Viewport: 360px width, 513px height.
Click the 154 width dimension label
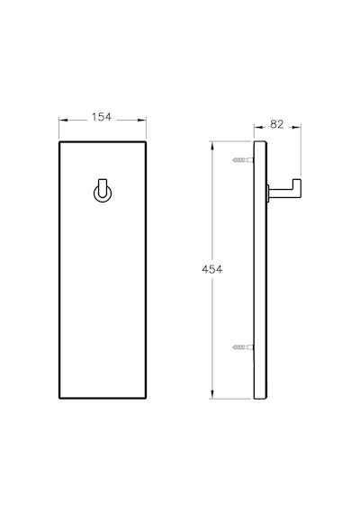[x=102, y=117]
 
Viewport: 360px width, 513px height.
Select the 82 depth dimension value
[x=277, y=124]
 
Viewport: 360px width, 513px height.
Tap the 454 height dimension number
[x=212, y=270]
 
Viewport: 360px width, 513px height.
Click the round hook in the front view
[x=103, y=193]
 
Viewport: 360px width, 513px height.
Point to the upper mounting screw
[x=243, y=160]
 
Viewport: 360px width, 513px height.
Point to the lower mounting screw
[x=243, y=346]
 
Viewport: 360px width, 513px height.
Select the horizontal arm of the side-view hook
[x=281, y=192]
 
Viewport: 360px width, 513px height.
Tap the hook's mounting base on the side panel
[x=268, y=193]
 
